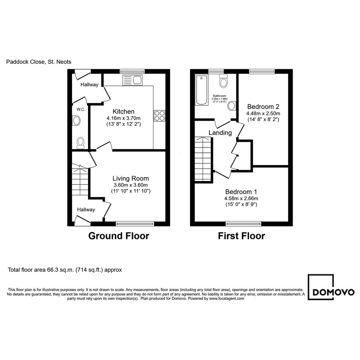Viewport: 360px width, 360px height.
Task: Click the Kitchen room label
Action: click(x=123, y=112)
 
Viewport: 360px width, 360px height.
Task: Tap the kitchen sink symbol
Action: click(x=133, y=80)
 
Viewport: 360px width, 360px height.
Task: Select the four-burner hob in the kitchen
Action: click(x=159, y=116)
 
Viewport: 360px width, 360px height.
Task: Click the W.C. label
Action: click(x=81, y=109)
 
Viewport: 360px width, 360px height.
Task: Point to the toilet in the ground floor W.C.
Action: click(x=81, y=143)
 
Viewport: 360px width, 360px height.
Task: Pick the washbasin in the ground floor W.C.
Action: click(x=76, y=120)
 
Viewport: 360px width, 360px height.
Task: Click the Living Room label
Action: click(x=131, y=178)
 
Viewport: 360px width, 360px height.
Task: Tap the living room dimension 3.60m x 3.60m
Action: click(x=131, y=185)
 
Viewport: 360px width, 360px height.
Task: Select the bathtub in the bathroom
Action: click(x=202, y=90)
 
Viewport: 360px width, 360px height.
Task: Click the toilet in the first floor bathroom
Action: click(x=223, y=80)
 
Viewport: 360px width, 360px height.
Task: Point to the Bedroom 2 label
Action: click(x=263, y=107)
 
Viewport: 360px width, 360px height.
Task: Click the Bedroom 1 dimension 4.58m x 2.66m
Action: click(x=241, y=198)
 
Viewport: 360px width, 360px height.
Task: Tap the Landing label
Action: click(x=220, y=133)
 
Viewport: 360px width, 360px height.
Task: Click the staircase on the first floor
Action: click(x=203, y=159)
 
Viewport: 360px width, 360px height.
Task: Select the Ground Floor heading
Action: click(x=119, y=236)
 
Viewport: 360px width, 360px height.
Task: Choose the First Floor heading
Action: click(x=241, y=236)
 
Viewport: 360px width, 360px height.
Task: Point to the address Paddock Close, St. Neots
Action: click(x=38, y=62)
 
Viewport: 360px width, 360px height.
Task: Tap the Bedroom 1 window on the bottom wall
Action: click(x=243, y=224)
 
